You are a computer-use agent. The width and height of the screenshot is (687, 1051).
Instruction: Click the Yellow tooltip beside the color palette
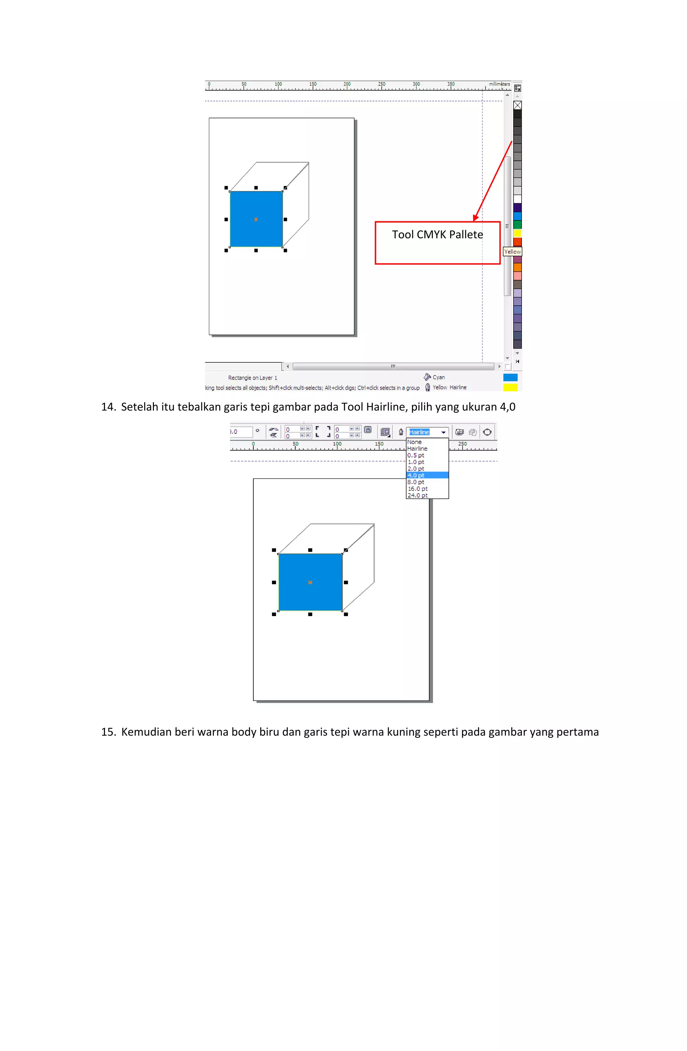coord(512,252)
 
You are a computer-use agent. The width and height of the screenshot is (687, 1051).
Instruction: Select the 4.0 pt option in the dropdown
coord(416,475)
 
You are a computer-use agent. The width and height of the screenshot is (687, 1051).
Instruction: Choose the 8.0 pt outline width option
coord(416,482)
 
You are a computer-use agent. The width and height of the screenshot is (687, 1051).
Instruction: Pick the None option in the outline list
coord(414,442)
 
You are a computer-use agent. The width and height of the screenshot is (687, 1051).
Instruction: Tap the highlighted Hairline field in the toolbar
coord(419,432)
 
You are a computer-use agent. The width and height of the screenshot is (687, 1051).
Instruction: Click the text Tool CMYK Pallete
coord(437,235)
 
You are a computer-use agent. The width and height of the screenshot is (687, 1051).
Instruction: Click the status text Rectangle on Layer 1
coord(253,378)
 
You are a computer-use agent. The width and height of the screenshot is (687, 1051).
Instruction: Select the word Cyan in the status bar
coord(438,377)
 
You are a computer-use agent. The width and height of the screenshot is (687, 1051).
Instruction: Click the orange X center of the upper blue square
coord(256,219)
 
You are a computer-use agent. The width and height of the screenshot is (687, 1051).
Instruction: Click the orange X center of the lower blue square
coord(310,583)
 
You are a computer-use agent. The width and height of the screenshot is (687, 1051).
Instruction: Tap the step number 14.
coord(108,407)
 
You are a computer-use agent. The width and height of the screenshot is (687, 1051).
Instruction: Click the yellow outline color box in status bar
coord(511,387)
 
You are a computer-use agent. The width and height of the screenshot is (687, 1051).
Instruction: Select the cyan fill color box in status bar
coord(511,378)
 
